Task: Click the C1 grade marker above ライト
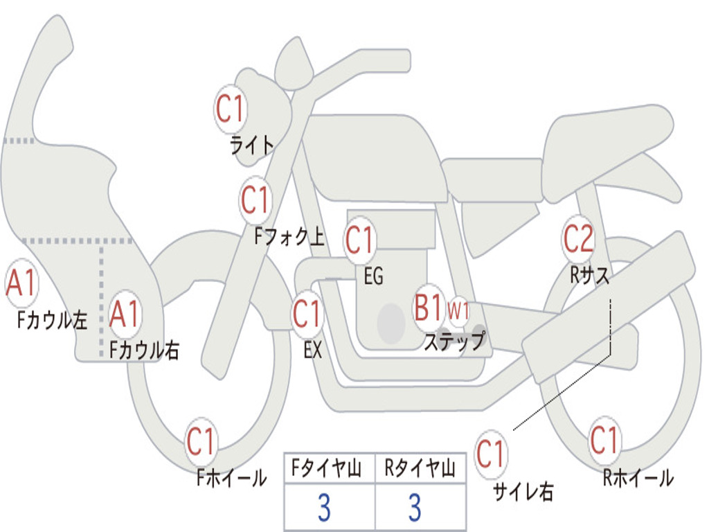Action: (x=231, y=109)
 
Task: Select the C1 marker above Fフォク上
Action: (x=255, y=200)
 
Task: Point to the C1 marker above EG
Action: (x=360, y=240)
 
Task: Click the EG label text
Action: (x=373, y=276)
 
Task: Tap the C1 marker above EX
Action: (x=307, y=314)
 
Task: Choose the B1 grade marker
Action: (x=429, y=308)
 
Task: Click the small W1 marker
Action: (x=458, y=311)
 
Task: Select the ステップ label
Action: (x=455, y=341)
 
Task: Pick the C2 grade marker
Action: (x=578, y=239)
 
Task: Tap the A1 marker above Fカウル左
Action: (x=21, y=283)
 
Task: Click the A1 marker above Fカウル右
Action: (x=125, y=314)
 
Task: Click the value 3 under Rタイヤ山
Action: (x=415, y=508)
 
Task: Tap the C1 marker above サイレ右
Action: (x=491, y=454)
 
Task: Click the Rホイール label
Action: (x=638, y=478)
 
